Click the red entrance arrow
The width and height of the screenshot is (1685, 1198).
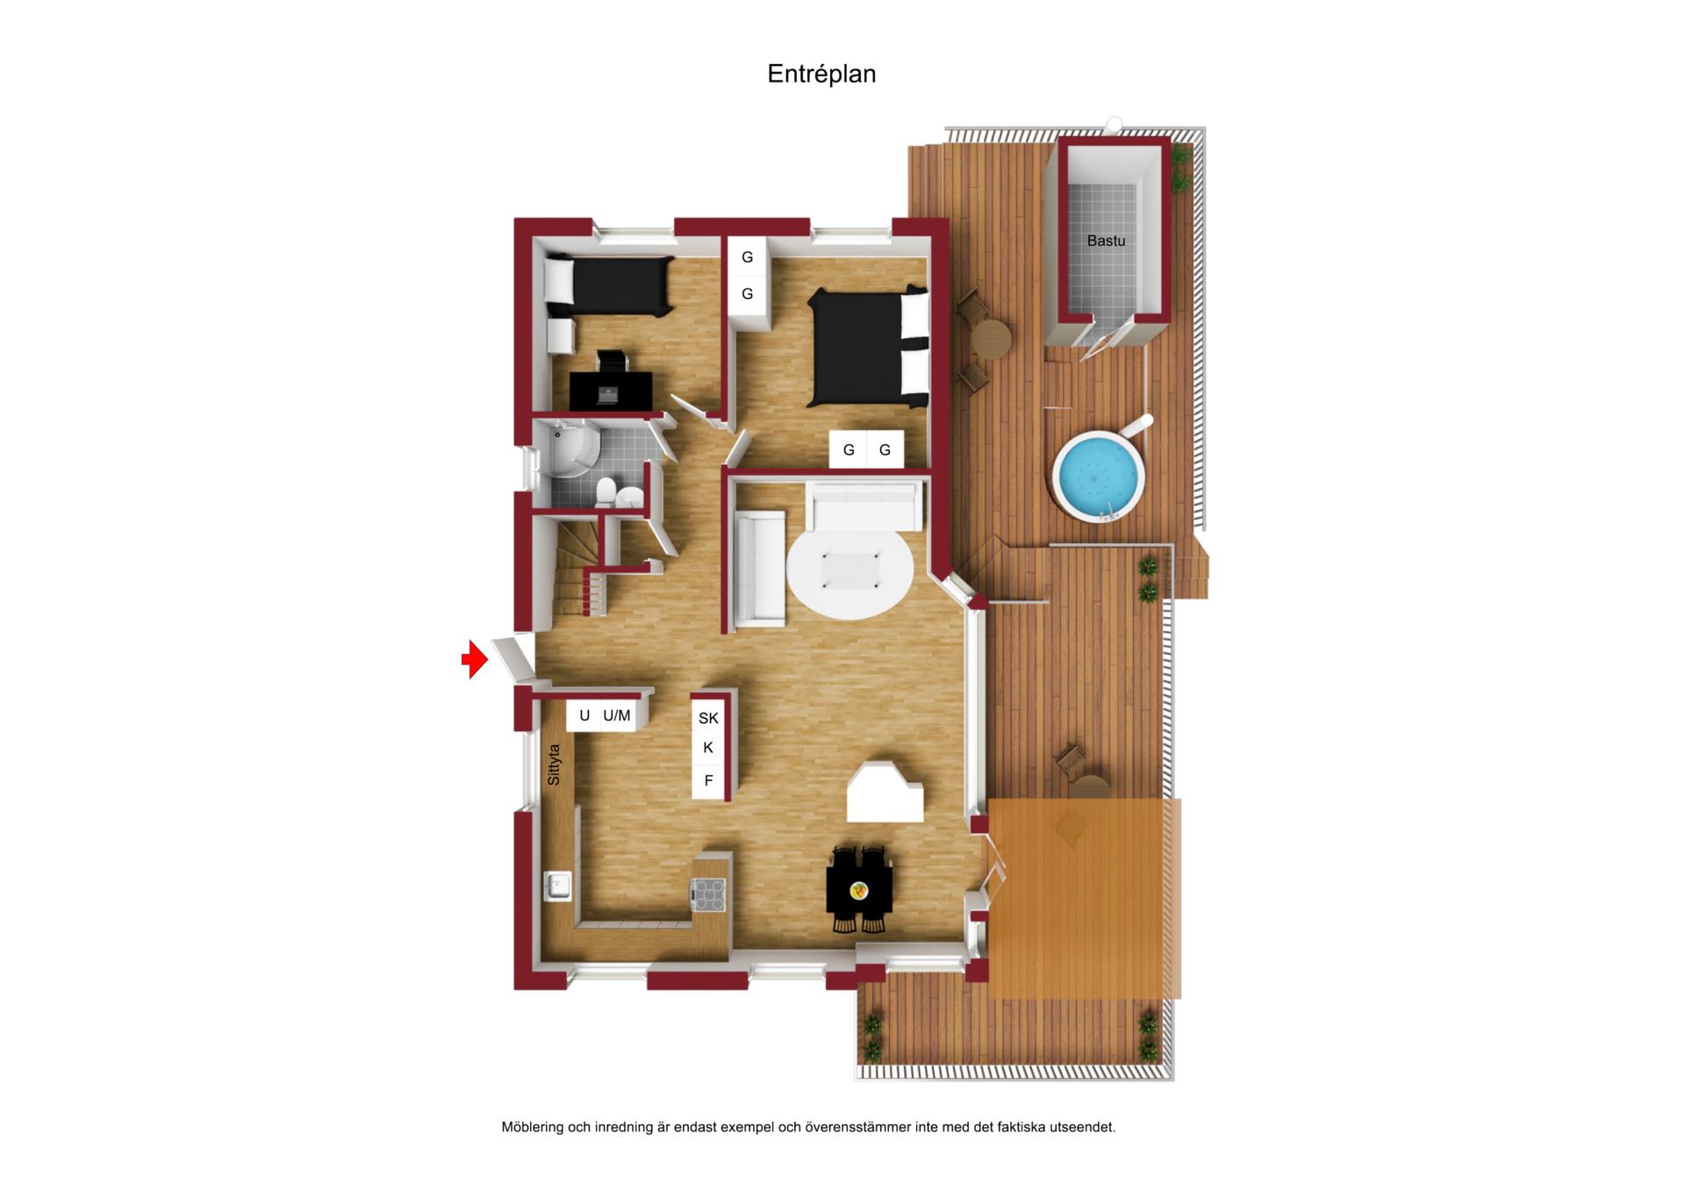475,659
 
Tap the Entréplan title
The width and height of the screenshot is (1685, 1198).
821,75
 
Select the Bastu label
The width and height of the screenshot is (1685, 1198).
1106,240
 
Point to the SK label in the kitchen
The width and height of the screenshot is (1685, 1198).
708,718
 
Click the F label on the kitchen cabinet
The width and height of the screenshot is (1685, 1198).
708,780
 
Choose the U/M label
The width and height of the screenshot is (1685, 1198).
617,716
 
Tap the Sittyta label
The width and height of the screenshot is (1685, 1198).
553,764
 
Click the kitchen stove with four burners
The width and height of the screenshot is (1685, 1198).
709,894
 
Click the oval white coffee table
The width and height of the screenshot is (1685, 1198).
850,571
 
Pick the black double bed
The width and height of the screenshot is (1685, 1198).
869,348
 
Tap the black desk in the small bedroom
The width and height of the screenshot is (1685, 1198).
611,391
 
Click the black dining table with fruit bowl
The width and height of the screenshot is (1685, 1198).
859,890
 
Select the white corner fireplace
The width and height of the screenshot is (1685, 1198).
885,792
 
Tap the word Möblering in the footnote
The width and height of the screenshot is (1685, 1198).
532,1127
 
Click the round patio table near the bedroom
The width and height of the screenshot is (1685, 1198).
992,339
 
